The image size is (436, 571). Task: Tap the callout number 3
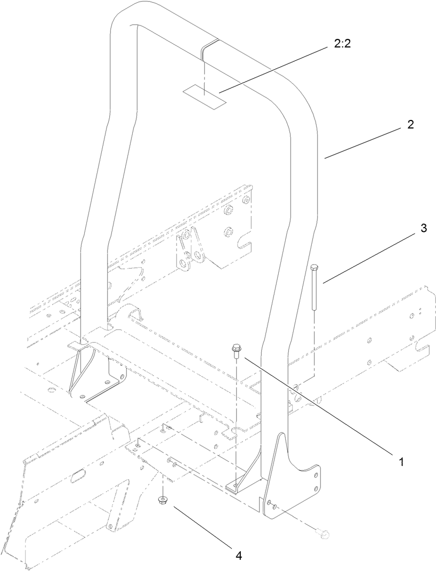pos(423,229)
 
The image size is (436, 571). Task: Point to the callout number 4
pos(239,555)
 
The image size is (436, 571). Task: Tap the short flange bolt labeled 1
pos(236,351)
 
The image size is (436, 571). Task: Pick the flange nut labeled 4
pos(162,500)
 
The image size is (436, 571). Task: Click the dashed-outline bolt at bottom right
pos(324,534)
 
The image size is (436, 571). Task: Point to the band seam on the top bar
pos(209,48)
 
